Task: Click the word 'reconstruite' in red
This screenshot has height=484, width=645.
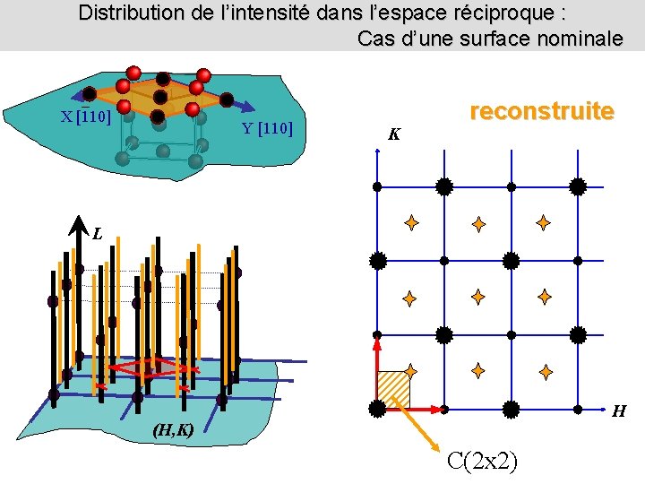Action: click(x=542, y=111)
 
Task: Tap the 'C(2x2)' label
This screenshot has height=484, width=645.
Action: click(x=485, y=462)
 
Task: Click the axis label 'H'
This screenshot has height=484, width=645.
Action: click(x=618, y=412)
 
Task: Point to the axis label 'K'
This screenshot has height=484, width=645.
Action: click(x=394, y=134)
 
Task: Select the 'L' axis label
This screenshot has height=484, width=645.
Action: click(x=97, y=234)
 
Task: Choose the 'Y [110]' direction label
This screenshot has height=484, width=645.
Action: click(x=268, y=127)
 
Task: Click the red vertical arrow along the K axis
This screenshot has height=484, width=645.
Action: click(x=377, y=367)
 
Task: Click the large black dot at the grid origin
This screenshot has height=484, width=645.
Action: click(x=377, y=409)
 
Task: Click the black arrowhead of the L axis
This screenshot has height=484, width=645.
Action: click(x=78, y=228)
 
